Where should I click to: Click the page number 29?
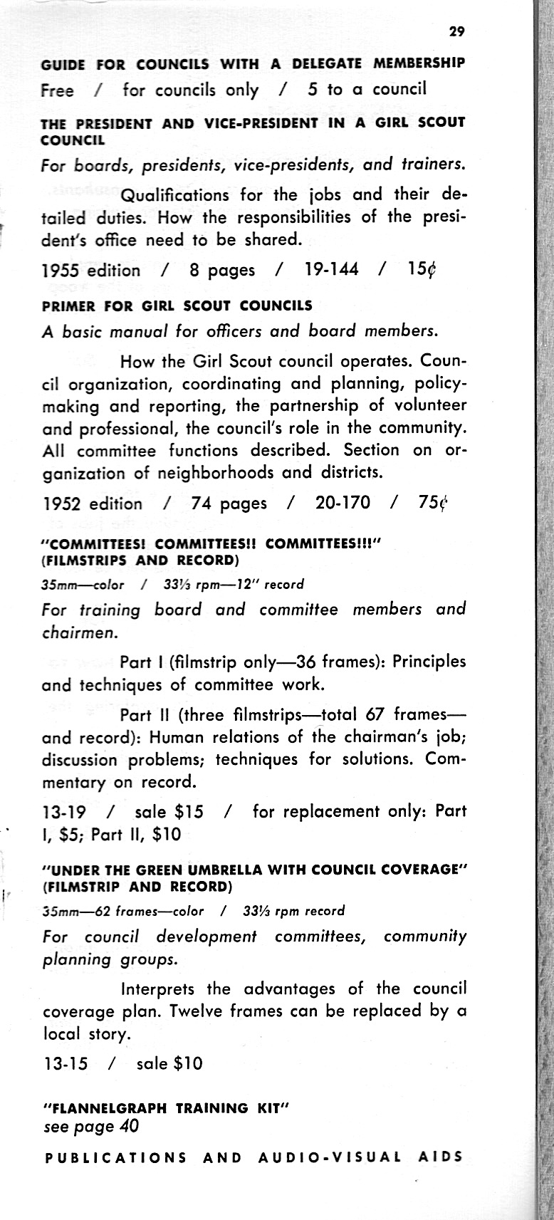point(456,31)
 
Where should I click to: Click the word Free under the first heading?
point(58,90)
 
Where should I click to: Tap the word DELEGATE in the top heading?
point(318,63)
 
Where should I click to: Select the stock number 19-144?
point(332,270)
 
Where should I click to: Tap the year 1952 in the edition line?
point(63,504)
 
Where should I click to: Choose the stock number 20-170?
point(343,504)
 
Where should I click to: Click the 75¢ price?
point(432,504)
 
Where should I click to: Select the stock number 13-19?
point(65,812)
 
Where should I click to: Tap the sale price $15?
point(189,812)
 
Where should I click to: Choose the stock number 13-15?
point(66,1064)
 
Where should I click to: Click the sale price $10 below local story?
point(189,1064)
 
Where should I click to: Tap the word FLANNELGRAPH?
point(108,1109)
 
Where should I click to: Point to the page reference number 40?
point(128,1127)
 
